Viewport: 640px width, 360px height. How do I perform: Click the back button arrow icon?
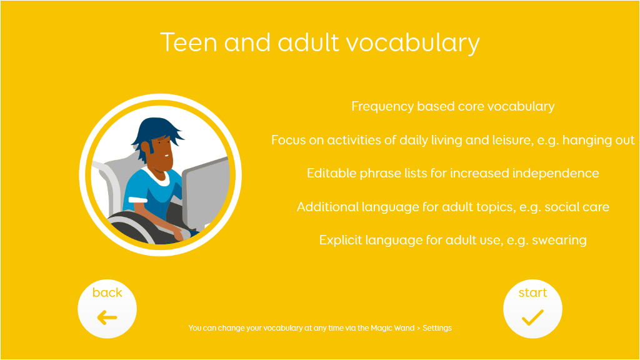pyautogui.click(x=107, y=317)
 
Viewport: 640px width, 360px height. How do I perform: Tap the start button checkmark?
pyautogui.click(x=532, y=317)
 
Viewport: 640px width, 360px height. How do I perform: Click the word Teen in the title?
pyautogui.click(x=189, y=42)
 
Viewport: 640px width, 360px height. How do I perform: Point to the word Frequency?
pyautogui.click(x=382, y=106)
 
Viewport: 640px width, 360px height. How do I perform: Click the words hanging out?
pyautogui.click(x=598, y=141)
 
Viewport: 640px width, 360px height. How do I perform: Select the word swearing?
pyautogui.click(x=559, y=241)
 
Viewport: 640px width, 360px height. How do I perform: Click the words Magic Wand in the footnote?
pyautogui.click(x=392, y=328)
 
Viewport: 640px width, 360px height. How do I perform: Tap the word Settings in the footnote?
pyautogui.click(x=437, y=328)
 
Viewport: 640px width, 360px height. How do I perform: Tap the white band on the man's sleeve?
pyautogui.click(x=138, y=199)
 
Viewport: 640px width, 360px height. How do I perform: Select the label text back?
pyautogui.click(x=107, y=292)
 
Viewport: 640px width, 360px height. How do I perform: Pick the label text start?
pyautogui.click(x=532, y=292)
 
